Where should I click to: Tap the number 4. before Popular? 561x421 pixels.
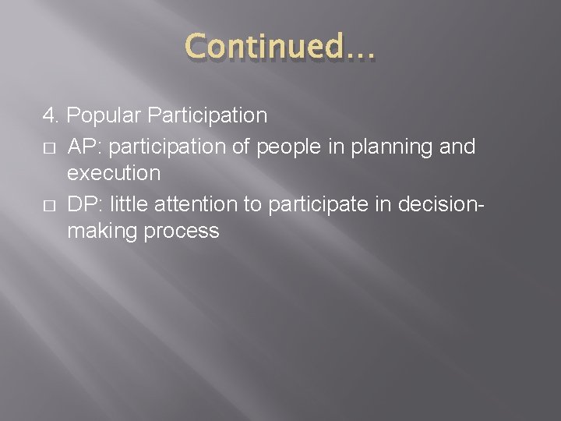coord(52,116)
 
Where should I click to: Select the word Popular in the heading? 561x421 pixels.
coord(104,116)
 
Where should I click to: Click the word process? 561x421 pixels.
coord(180,232)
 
